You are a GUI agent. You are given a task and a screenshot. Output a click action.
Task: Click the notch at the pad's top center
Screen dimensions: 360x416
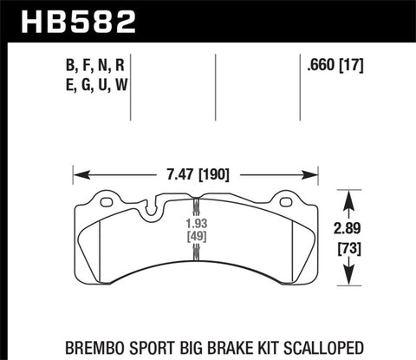click(x=153, y=206)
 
